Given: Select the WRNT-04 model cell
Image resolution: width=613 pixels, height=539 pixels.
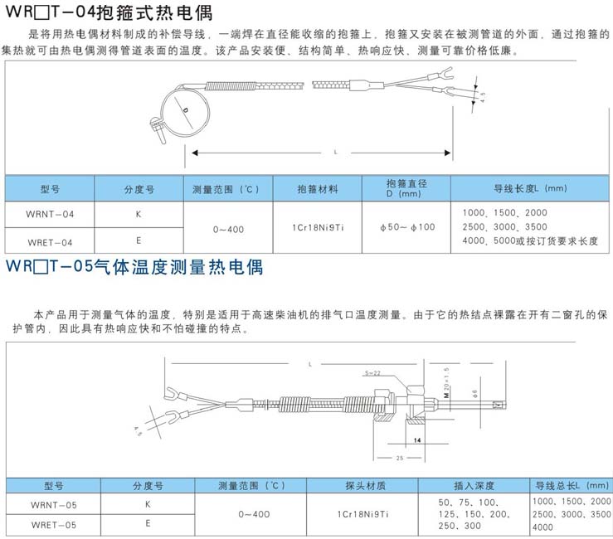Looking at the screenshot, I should click(51, 214).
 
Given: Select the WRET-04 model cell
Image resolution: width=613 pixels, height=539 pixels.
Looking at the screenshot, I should click(51, 241).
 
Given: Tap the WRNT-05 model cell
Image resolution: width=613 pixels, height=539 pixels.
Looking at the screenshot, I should click(53, 503).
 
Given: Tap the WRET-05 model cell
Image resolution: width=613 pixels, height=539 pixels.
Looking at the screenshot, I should click(53, 524).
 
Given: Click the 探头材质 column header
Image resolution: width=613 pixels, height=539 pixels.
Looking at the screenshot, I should click(366, 485).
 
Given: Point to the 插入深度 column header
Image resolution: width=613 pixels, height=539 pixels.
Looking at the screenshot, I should click(474, 485).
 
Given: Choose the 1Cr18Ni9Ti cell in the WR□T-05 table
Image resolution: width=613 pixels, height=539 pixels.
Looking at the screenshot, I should click(366, 514).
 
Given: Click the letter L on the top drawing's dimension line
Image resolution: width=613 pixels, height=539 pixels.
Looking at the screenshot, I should click(335, 153).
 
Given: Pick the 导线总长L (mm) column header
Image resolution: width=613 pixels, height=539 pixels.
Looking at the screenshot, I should click(571, 485).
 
